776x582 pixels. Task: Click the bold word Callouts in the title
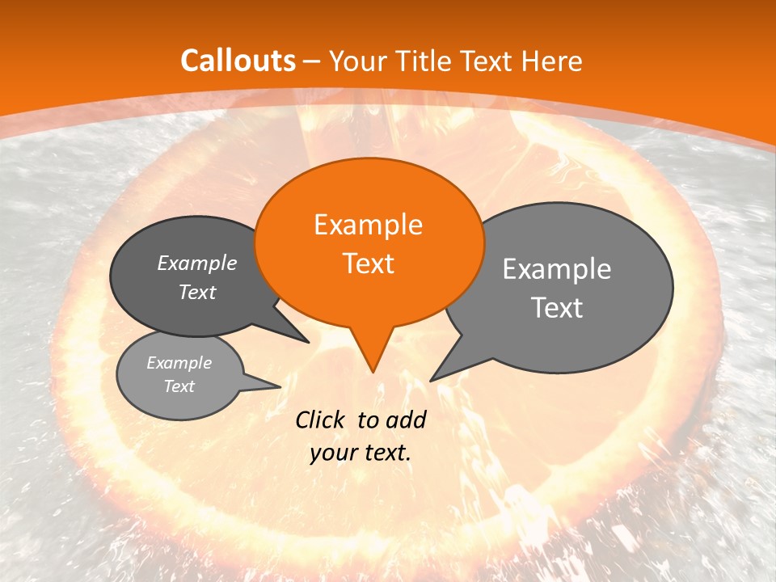238,61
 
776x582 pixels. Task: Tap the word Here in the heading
550,61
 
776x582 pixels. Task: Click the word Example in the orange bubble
368,225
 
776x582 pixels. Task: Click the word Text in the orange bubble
368,264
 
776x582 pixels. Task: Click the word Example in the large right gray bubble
557,269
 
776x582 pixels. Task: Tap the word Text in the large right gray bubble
557,308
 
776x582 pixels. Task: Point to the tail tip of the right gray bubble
431,380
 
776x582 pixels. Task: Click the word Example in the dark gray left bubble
197,264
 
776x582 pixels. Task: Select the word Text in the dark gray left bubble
197,293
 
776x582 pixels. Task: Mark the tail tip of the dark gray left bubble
308,342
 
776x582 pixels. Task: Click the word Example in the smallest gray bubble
179,363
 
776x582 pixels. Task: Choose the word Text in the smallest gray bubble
179,386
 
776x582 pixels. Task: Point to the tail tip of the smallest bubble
280,386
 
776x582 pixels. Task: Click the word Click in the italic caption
322,420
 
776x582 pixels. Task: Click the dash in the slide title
313,61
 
